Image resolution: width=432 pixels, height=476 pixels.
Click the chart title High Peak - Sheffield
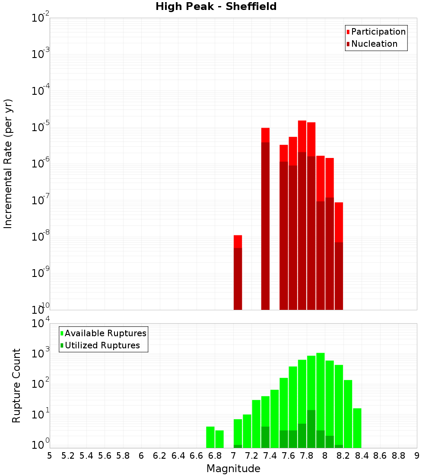point(216,6)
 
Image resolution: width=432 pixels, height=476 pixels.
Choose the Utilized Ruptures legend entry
point(102,345)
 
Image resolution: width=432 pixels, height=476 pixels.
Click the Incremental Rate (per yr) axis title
point(8,164)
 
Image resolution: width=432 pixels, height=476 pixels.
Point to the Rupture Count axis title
point(16,386)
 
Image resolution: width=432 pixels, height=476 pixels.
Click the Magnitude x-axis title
point(233,469)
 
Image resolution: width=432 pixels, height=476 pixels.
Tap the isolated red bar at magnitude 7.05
point(238,273)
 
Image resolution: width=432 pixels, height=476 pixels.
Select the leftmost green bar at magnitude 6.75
point(210,437)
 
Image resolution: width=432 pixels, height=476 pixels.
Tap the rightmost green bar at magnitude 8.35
point(357,428)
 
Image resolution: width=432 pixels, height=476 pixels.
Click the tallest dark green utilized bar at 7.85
point(311,429)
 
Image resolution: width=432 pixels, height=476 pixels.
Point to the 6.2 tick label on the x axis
point(159,456)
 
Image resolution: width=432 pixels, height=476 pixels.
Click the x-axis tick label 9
point(417,456)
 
